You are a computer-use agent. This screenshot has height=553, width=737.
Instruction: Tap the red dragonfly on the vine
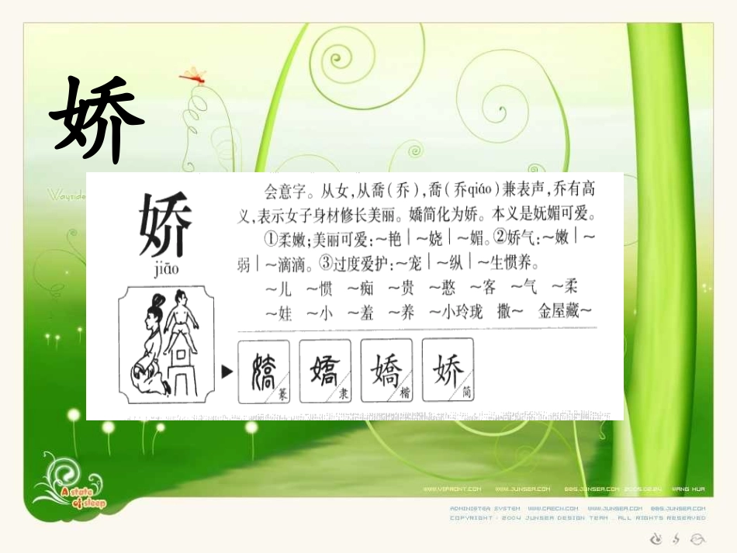click(x=192, y=76)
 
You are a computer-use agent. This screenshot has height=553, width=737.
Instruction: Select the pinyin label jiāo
click(x=161, y=268)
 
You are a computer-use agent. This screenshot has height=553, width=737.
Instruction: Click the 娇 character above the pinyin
click(x=164, y=225)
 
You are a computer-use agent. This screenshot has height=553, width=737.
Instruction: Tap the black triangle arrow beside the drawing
click(x=227, y=372)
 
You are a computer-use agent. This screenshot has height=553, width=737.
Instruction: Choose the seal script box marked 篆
click(x=264, y=372)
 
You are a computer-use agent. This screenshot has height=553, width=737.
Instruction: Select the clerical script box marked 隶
click(x=324, y=372)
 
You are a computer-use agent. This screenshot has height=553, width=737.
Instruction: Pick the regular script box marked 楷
click(x=387, y=372)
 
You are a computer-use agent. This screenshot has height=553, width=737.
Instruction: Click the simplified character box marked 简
click(x=448, y=372)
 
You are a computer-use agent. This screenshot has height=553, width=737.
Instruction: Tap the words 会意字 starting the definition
click(x=283, y=188)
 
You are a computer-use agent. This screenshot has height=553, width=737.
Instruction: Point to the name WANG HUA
click(x=688, y=489)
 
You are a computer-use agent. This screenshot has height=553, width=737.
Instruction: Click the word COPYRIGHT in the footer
click(x=471, y=517)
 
